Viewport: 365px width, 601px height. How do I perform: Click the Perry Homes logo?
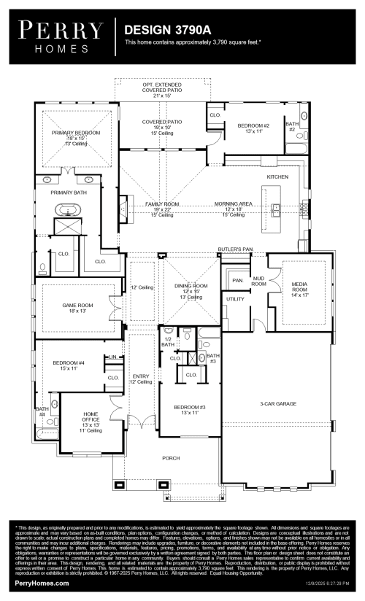pyautogui.click(x=60, y=36)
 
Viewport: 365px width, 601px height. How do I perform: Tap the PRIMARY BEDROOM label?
pyautogui.click(x=76, y=133)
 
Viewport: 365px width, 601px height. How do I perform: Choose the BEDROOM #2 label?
pyautogui.click(x=253, y=125)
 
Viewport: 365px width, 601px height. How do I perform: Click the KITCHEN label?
pyautogui.click(x=278, y=177)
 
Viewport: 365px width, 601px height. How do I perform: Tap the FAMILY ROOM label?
pyautogui.click(x=162, y=204)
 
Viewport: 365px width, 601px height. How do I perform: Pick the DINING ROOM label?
pyautogui.click(x=191, y=286)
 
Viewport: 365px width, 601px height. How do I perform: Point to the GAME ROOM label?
pyautogui.click(x=72, y=306)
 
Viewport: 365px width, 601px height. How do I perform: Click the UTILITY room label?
pyautogui.click(x=234, y=299)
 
